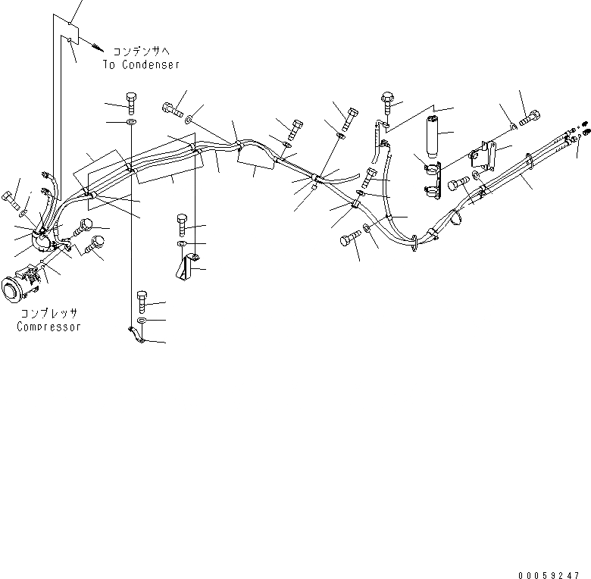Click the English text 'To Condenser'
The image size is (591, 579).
tap(142, 64)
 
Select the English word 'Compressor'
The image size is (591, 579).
tap(49, 327)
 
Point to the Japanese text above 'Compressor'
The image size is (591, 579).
tap(49, 313)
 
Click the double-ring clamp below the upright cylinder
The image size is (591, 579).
tap(430, 176)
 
